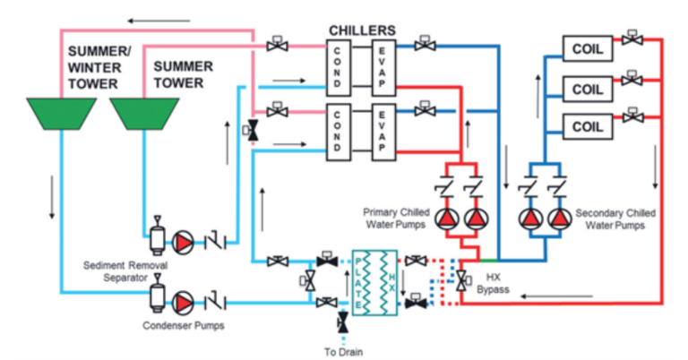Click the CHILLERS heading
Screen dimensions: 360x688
tap(362, 30)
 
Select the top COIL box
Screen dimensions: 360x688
tap(587, 47)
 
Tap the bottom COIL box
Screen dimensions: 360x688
tap(587, 125)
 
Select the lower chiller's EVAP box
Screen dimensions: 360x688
tap(383, 130)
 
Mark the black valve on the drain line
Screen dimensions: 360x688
tap(342, 321)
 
